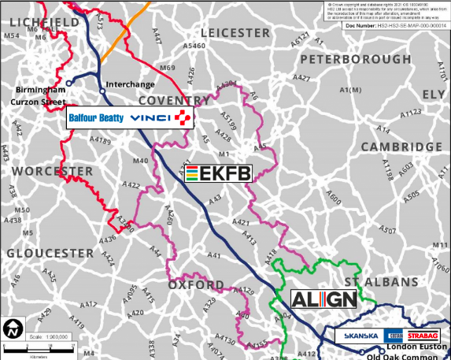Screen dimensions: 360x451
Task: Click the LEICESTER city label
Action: [x=235, y=32]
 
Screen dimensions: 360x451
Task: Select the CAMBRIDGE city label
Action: [x=401, y=147]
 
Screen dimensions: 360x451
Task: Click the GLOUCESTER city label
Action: [x=50, y=253]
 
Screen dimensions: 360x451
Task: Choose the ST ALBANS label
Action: [x=381, y=281]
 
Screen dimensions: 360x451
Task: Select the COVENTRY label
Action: [x=173, y=100]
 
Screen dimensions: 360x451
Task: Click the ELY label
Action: [x=434, y=95]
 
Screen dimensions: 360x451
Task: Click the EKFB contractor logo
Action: [x=218, y=174]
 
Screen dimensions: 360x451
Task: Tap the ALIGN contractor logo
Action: [x=323, y=300]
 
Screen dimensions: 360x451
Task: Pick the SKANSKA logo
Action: [x=362, y=336]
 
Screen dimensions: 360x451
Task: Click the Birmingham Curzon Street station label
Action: [x=38, y=95]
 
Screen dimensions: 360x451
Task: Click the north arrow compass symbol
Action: [x=13, y=327]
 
